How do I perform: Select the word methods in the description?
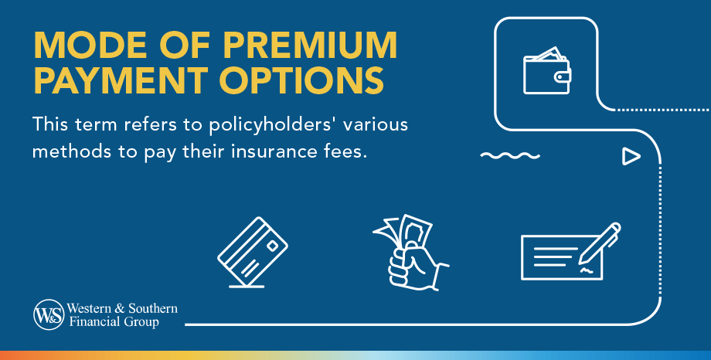[66, 151]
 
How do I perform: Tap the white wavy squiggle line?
[509, 156]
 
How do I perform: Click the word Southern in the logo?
[151, 308]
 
